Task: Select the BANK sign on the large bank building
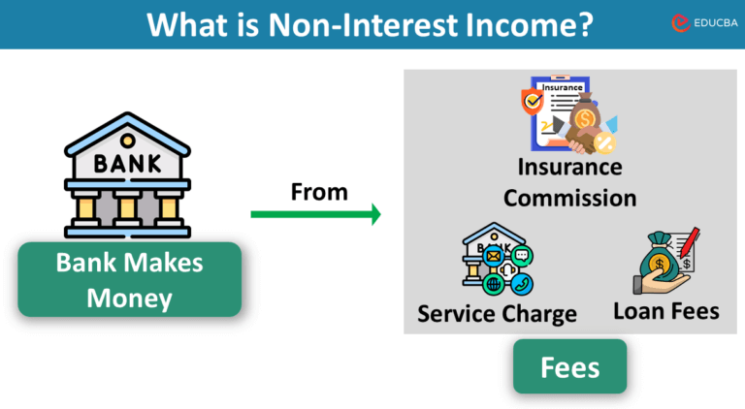(127, 163)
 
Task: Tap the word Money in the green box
(129, 298)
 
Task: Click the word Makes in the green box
(175, 263)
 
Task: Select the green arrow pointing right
(316, 214)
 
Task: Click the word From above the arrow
(319, 192)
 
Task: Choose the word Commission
(569, 198)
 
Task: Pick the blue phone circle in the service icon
(523, 283)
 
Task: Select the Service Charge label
(497, 314)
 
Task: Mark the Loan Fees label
(665, 311)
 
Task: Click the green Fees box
(569, 368)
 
